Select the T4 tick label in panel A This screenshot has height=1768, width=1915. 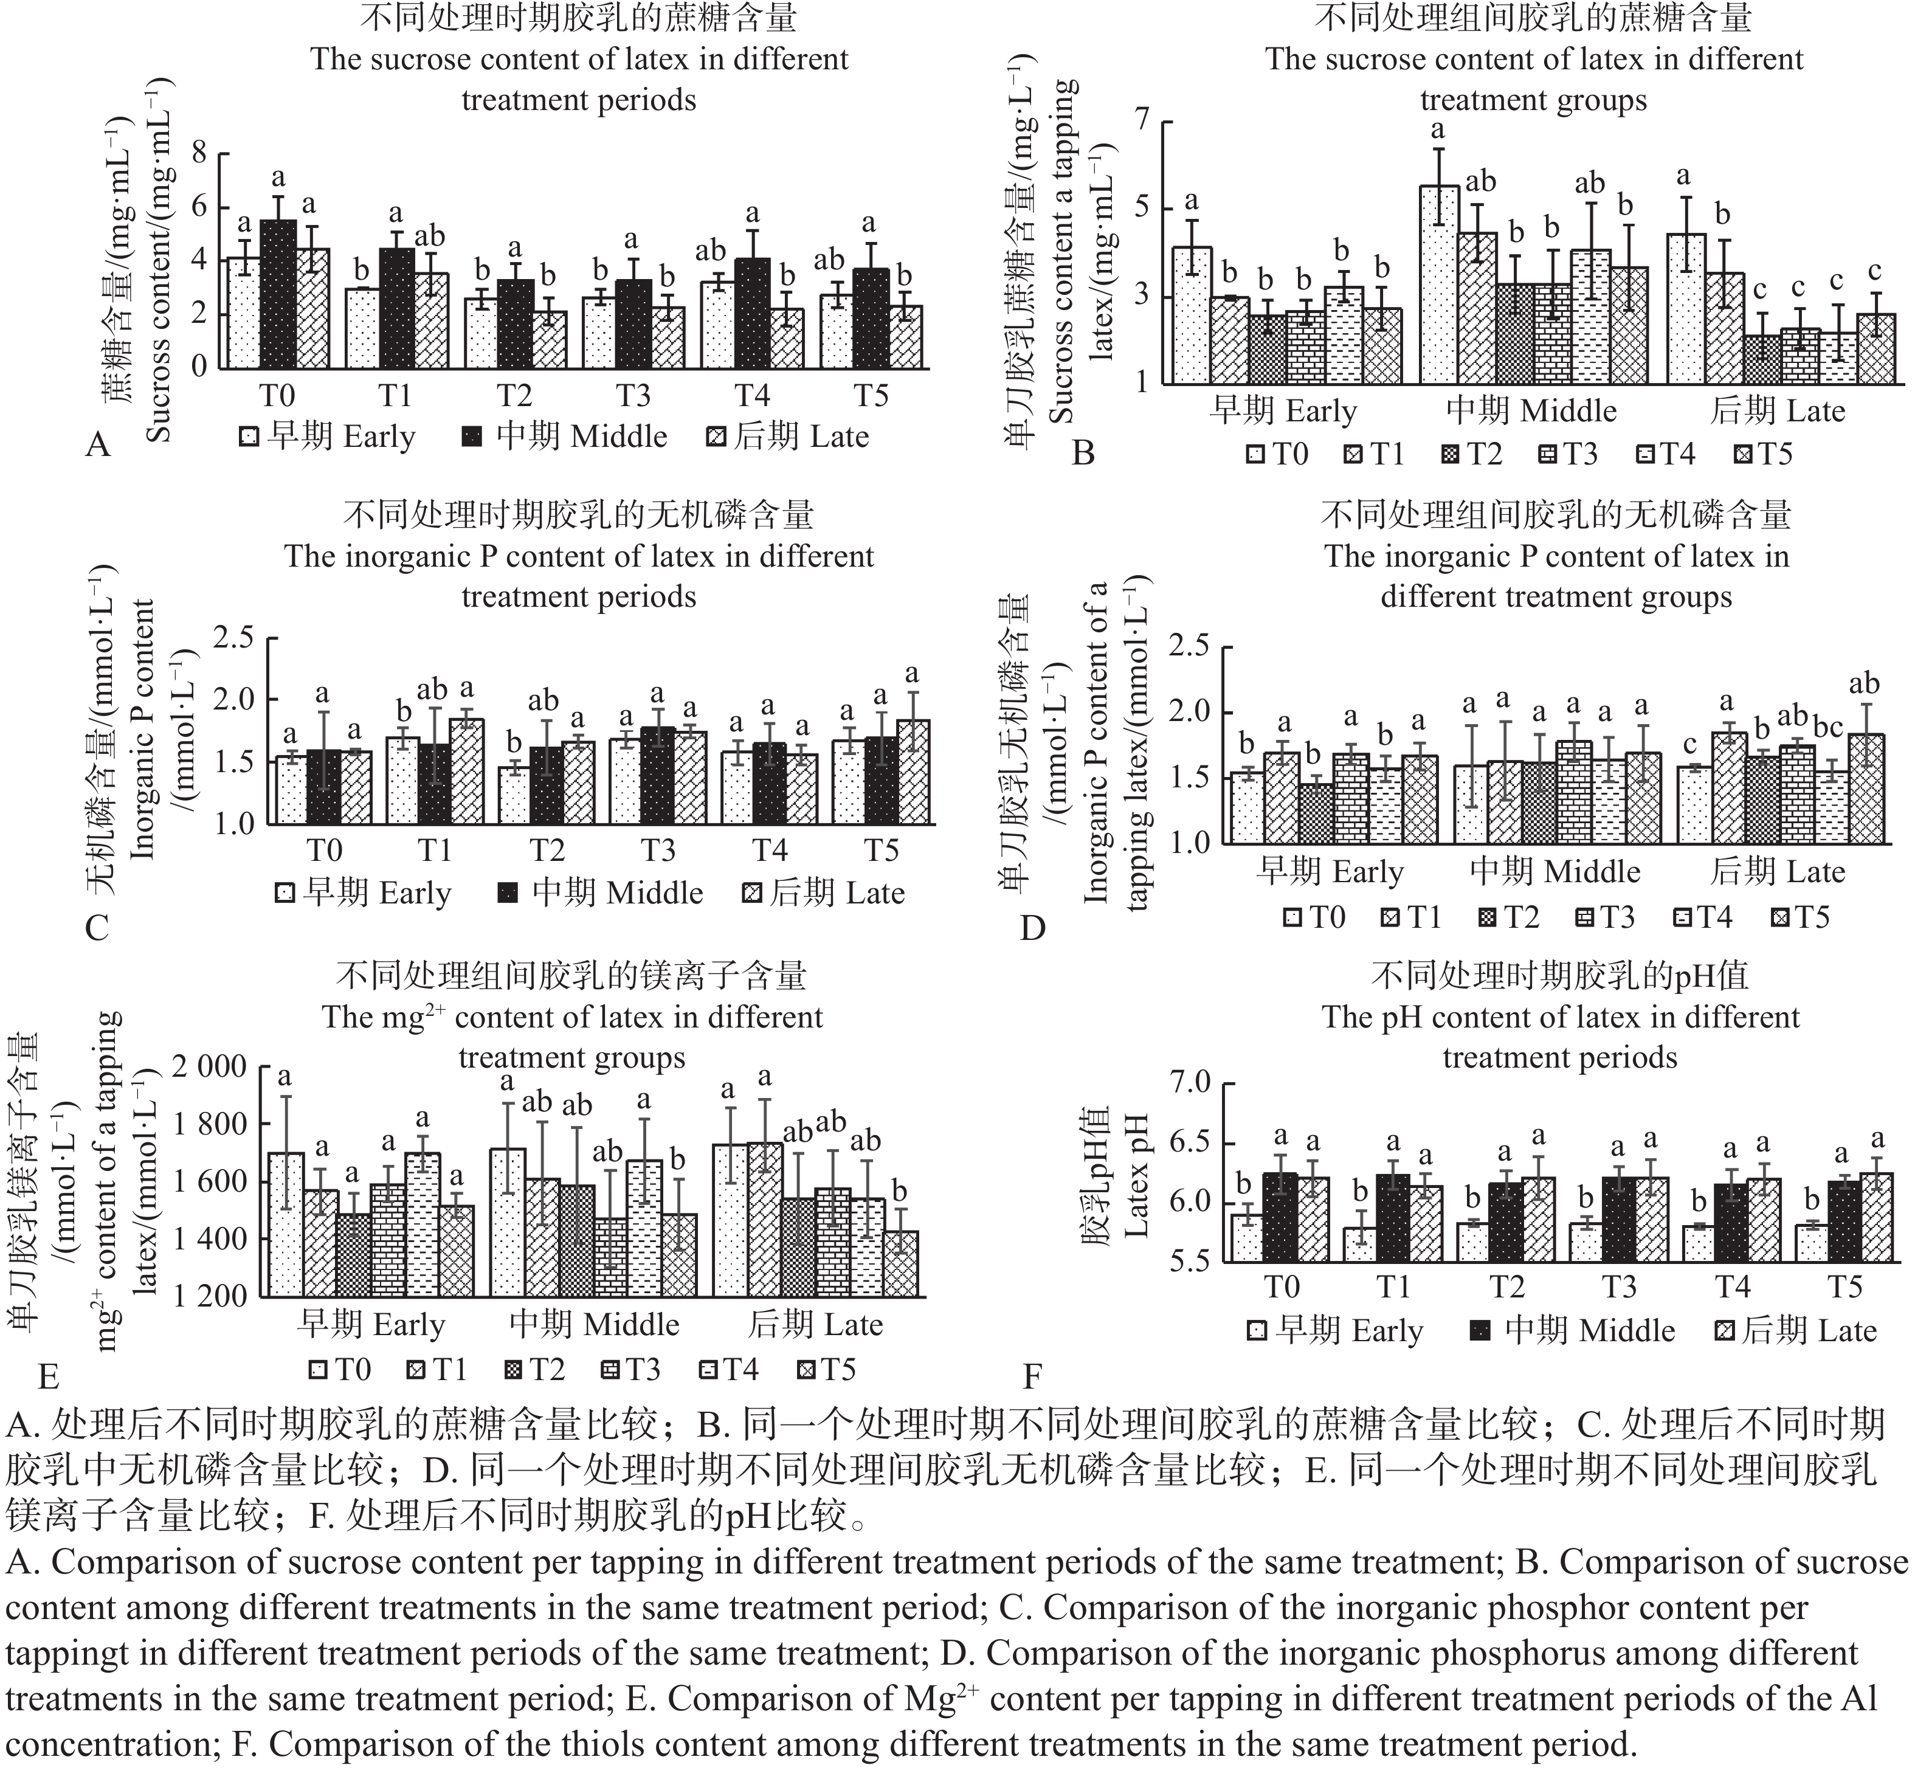pos(752,395)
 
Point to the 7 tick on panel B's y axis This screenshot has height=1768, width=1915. pos(1141,122)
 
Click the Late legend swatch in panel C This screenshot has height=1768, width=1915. pos(753,894)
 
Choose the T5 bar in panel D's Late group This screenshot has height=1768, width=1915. pos(1866,789)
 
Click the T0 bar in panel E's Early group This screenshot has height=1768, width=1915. pos(285,1224)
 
